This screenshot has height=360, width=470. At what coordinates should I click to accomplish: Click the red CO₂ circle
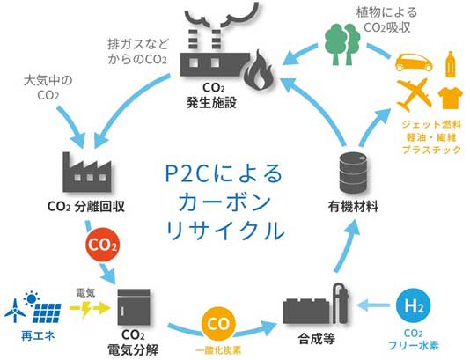tap(102, 246)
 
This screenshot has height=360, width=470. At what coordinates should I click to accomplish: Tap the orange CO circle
tap(218, 324)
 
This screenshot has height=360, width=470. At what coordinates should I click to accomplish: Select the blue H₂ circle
tap(414, 306)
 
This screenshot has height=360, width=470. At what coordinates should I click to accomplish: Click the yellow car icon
tap(414, 62)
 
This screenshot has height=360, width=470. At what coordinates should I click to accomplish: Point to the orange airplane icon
tap(415, 95)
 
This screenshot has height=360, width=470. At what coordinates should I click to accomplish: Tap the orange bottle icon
tap(451, 64)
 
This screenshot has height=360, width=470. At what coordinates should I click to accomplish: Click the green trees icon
tap(342, 44)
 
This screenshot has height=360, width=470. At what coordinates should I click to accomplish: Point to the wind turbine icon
tap(15, 310)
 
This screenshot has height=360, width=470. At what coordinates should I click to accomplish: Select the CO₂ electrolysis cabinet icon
tap(134, 307)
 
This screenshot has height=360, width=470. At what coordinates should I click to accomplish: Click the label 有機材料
tap(353, 207)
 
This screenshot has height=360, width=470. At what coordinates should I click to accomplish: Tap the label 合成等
tap(317, 339)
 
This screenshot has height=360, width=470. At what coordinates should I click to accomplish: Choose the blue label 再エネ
tap(38, 335)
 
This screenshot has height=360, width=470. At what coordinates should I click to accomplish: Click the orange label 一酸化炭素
tap(218, 350)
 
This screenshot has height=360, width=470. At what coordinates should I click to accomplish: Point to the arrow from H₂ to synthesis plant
tap(373, 305)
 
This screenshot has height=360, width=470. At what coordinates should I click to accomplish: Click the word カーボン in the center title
tap(224, 202)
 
